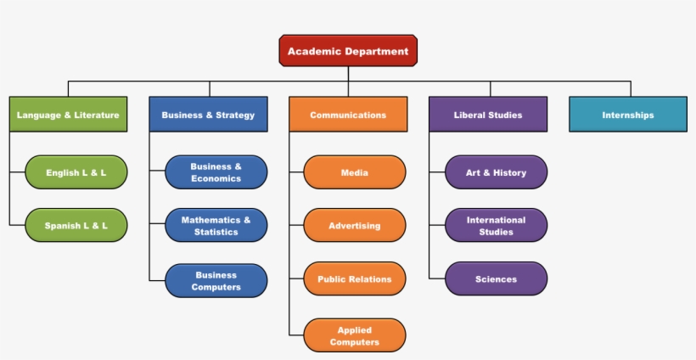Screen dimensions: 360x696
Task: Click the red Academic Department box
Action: (348, 51)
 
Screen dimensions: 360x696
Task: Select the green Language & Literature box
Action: (68, 115)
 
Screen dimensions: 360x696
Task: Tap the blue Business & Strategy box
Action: (208, 115)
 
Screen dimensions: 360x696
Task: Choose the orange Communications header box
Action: (348, 115)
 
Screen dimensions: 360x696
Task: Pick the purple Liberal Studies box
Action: (488, 115)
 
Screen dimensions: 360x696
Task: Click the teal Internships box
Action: (628, 115)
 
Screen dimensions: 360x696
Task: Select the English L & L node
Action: (76, 172)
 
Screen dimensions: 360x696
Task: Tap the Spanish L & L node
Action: (76, 226)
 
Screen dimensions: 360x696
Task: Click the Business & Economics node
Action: (216, 172)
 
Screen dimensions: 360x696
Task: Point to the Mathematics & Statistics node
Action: (216, 226)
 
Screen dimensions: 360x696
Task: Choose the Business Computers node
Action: (216, 281)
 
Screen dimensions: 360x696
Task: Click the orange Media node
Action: (355, 172)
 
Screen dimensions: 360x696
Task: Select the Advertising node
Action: (355, 226)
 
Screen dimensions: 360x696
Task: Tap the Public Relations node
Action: (355, 279)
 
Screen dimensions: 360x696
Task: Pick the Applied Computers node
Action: (355, 335)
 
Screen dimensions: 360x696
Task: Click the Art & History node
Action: (496, 172)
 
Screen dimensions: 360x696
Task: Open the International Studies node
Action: (496, 226)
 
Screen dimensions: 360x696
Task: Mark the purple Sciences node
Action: (496, 279)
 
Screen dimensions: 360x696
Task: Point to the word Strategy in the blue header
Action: (235, 115)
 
